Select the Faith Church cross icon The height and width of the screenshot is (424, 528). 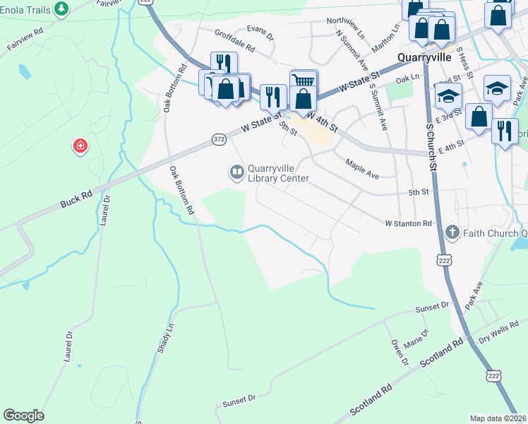[x=452, y=232]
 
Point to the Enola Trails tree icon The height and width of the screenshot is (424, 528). [x=63, y=8]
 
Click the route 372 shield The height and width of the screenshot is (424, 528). [x=219, y=140]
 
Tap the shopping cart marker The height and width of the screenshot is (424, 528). [x=304, y=80]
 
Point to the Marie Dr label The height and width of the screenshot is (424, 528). [x=416, y=338]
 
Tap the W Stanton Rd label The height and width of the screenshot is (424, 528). [x=408, y=223]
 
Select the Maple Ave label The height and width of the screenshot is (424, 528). [x=363, y=168]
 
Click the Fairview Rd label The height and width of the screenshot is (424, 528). [x=25, y=40]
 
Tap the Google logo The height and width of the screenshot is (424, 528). [x=23, y=416]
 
